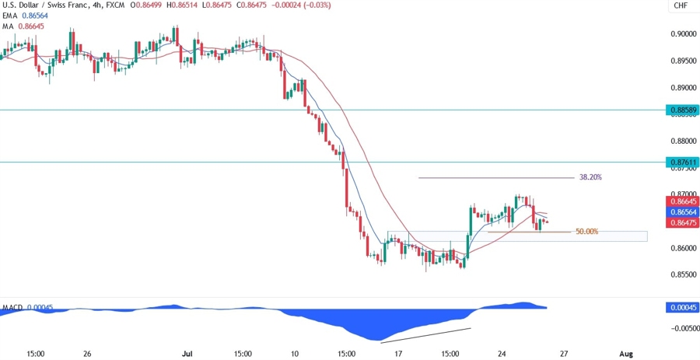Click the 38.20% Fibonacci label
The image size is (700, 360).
coord(590,177)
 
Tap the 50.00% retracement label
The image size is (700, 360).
coord(587,232)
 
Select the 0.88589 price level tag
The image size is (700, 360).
coord(681,110)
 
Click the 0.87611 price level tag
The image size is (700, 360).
coord(681,163)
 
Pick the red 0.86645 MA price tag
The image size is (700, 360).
coord(681,201)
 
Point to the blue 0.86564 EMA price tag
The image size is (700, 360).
coord(681,212)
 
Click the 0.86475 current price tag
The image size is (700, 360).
coord(681,222)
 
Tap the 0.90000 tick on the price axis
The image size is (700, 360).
coord(681,34)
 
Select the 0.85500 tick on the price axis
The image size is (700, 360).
coord(681,274)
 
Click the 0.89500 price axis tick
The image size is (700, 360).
coord(681,61)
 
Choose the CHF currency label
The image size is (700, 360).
coord(681,6)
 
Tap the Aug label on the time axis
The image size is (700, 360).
coord(625,353)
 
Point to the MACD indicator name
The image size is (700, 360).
coord(12,307)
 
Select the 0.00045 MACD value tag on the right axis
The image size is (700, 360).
coord(681,307)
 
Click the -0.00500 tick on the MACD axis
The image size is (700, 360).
coord(681,328)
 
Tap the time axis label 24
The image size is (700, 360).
coord(502,353)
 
